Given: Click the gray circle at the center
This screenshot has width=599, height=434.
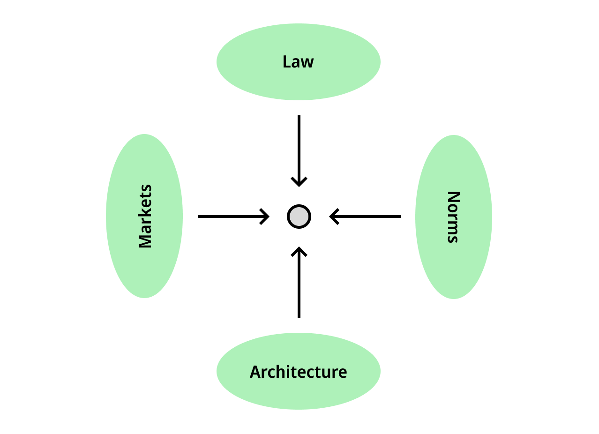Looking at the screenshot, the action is pos(299,217).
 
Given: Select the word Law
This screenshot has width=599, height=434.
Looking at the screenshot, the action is pos(298,62).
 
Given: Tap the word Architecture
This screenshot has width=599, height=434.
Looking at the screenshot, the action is pos(299,372).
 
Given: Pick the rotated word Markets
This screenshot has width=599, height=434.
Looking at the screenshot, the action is pos(145,217).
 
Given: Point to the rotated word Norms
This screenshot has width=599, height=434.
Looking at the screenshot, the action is pos(454,217).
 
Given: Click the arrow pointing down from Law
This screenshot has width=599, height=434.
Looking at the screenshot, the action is pos(299,151).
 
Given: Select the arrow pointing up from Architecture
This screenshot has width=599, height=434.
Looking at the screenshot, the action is pos(299,282).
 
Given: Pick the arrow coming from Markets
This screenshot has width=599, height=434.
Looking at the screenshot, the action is pos(233,217).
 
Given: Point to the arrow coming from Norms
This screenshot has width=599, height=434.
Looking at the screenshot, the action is pos(365,217).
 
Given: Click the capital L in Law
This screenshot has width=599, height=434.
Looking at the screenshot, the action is pos(287,62).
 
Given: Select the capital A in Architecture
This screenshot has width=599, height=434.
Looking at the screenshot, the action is pos(255,372).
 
